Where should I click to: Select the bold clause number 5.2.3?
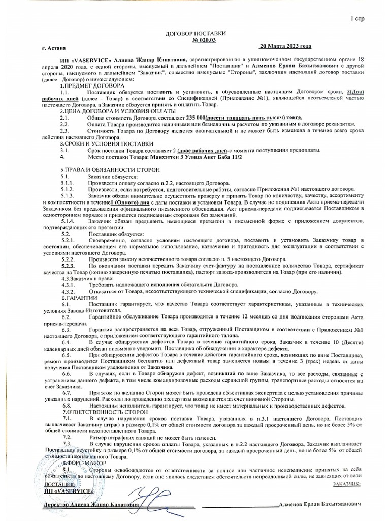click(69, 266)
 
